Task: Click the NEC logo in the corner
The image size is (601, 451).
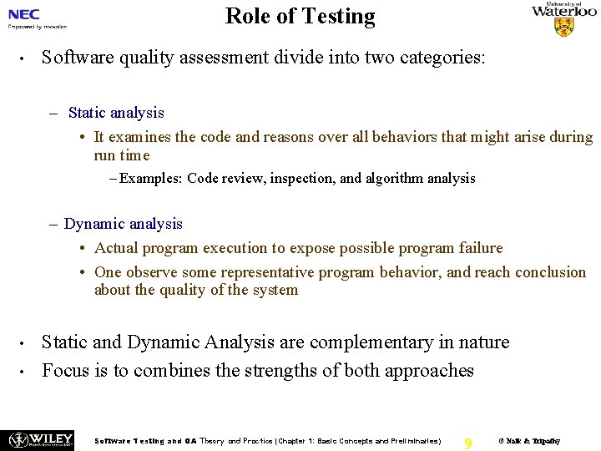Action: pos(24,13)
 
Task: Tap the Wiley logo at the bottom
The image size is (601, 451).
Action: pos(38,440)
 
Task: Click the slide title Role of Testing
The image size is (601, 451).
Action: pos(300,16)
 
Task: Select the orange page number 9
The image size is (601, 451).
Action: pos(467,443)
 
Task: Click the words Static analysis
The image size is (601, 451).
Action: pos(116,113)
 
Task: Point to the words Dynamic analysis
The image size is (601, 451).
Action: pos(123,224)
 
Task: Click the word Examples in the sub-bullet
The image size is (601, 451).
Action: pos(151,178)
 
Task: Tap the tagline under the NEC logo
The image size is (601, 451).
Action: pos(37,27)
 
